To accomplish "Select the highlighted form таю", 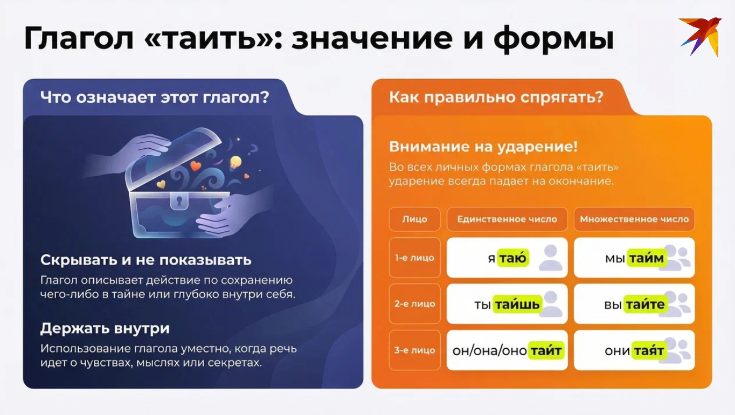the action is click(x=513, y=258).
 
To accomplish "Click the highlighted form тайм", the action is click(x=646, y=258).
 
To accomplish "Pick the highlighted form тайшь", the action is click(x=517, y=305).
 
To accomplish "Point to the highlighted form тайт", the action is click(x=546, y=351).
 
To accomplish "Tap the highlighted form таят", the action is click(x=649, y=351).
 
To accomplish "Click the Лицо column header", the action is click(x=415, y=219).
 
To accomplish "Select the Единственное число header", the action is click(x=507, y=219).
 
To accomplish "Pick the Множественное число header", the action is click(x=634, y=219).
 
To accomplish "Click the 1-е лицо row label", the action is click(x=415, y=258).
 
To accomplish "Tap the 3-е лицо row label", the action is click(x=415, y=350).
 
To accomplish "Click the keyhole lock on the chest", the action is click(x=179, y=200).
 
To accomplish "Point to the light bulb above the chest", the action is click(x=235, y=163).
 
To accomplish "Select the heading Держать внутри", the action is click(x=105, y=328).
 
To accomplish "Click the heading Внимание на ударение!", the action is click(x=483, y=147).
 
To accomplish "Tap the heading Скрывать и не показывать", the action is click(x=145, y=260).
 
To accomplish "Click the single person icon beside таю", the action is click(x=551, y=258).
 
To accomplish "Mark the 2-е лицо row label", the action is click(x=415, y=304).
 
